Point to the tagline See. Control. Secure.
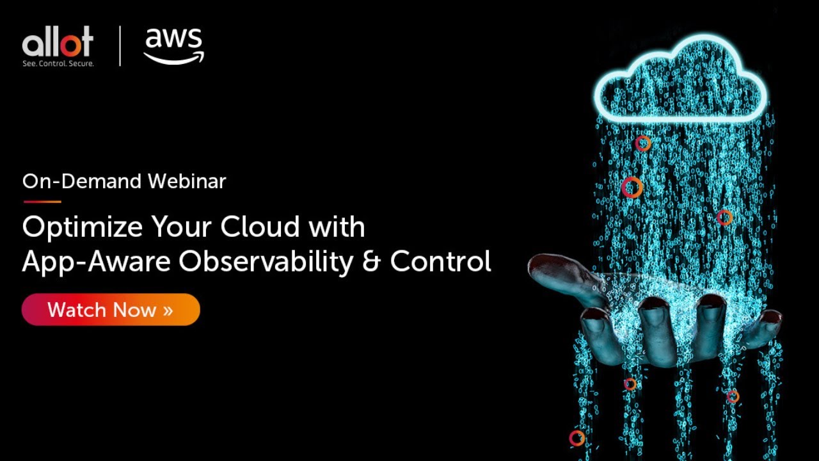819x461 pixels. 58,63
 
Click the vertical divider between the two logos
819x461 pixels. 120,46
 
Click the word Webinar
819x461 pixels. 187,181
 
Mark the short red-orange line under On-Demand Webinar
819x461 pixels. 42,202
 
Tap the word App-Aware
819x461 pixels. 95,261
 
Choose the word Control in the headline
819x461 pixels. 440,261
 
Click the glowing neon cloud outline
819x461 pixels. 680,80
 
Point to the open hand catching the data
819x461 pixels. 653,314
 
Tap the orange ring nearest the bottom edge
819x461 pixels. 576,438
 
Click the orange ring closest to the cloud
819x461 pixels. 642,143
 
